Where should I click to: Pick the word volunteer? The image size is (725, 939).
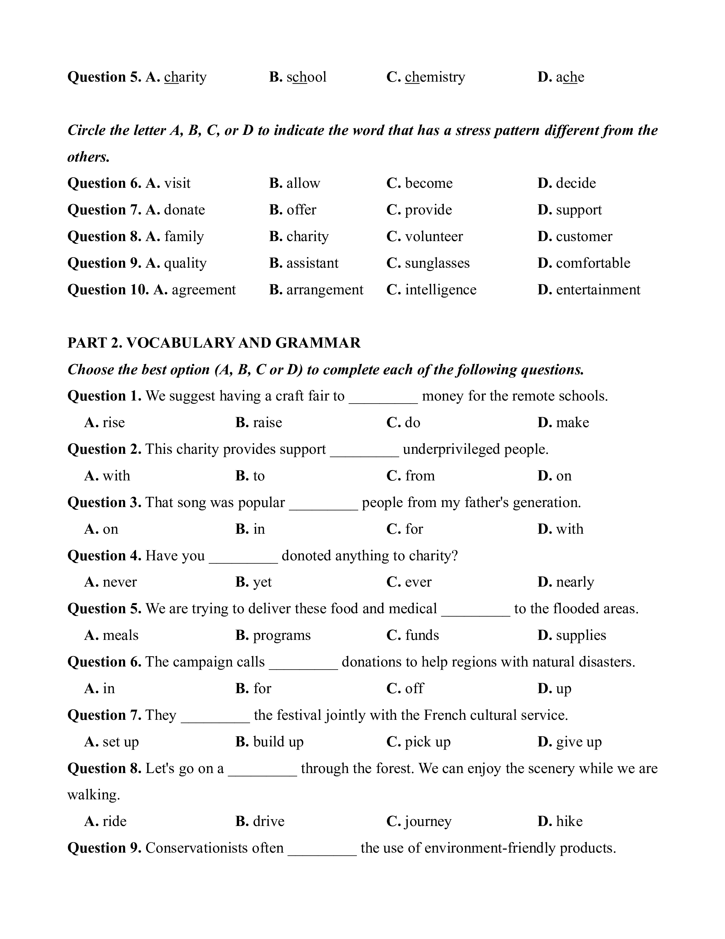pyautogui.click(x=434, y=237)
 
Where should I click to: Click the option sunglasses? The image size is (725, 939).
pyautogui.click(x=437, y=263)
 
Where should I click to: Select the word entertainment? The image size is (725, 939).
pyautogui.click(x=598, y=290)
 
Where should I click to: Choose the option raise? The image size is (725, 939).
pyautogui.click(x=267, y=423)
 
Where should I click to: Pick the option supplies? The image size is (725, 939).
pyautogui.click(x=581, y=635)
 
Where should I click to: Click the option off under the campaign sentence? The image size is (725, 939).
pyautogui.click(x=414, y=689)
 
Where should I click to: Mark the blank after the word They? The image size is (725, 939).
pyautogui.click(x=215, y=717)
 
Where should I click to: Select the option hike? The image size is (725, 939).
pyautogui.click(x=569, y=822)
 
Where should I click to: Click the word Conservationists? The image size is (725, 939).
pyautogui.click(x=214, y=848)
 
